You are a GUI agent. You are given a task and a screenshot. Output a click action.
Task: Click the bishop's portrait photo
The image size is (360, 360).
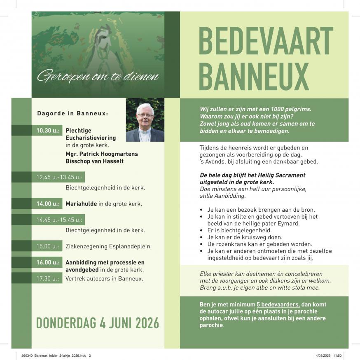[145, 120]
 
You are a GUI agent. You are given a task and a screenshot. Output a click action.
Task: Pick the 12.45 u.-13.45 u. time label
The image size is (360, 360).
[59, 178]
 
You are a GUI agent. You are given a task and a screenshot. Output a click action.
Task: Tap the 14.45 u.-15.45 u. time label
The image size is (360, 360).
[59, 220]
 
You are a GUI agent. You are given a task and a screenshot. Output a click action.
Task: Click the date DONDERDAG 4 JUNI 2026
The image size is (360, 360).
[97, 323]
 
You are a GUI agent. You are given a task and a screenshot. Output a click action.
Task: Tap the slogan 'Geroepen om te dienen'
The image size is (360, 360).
[98, 76]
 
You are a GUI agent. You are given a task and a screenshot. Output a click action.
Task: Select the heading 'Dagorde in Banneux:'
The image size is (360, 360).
[72, 113]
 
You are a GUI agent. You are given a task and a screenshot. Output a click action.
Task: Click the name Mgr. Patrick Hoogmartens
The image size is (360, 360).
[101, 154]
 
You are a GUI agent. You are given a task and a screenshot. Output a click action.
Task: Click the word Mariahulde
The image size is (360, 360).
[81, 203]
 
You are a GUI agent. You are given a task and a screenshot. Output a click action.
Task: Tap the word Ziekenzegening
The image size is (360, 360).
[86, 246]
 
